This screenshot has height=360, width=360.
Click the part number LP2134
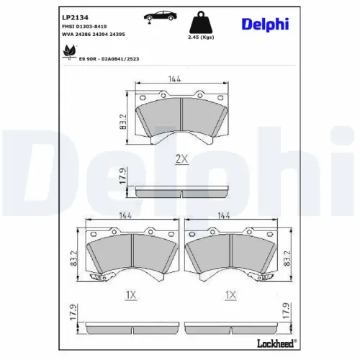coord(75,17)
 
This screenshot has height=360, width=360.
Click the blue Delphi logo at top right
coord(265,24)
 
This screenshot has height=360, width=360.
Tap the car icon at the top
coord(160,16)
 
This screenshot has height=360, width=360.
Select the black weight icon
coord(201,22)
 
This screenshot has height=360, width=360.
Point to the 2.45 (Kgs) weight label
coord(201,37)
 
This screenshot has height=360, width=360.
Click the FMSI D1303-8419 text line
coord(84,27)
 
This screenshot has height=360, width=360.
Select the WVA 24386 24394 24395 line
coord(94,35)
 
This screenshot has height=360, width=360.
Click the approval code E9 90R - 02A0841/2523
coord(109,59)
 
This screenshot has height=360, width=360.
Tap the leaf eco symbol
coord(69,52)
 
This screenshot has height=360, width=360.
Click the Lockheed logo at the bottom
coord(276,343)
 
